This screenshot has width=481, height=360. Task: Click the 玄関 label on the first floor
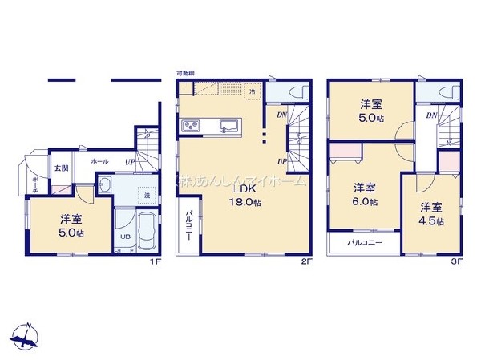61,168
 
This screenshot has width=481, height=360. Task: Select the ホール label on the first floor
99,161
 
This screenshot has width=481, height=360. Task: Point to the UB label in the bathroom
124,238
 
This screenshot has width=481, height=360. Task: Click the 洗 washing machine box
147,195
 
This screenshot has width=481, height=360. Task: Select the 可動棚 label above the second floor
185,74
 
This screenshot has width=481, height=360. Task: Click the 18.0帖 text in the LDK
245,203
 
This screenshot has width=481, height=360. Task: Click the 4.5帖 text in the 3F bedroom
432,220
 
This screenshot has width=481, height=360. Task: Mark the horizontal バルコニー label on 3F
364,242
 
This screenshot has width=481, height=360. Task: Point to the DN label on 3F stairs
431,115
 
